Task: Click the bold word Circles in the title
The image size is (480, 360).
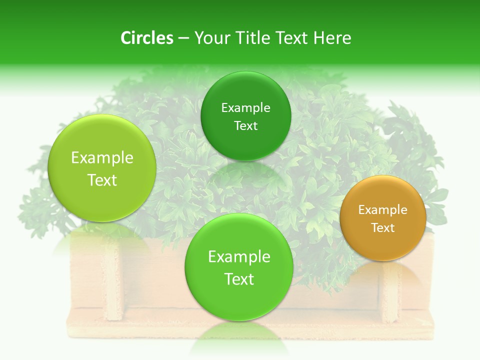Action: coord(146,38)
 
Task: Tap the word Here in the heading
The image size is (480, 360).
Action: coord(332,38)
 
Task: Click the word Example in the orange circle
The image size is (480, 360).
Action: coord(383,210)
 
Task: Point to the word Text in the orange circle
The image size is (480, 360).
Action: coord(383,228)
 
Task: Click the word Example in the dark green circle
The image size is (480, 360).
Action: coord(245,108)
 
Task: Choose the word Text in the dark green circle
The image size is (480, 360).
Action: coord(245,126)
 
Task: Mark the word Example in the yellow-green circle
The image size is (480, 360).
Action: coord(102,158)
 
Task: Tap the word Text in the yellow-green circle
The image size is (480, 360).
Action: coord(102,180)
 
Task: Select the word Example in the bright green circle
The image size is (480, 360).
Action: coord(239,257)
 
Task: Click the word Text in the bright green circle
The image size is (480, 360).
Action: coord(239,279)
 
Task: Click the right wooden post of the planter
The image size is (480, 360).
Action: coord(390,295)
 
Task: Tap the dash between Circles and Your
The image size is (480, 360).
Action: coord(183,38)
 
